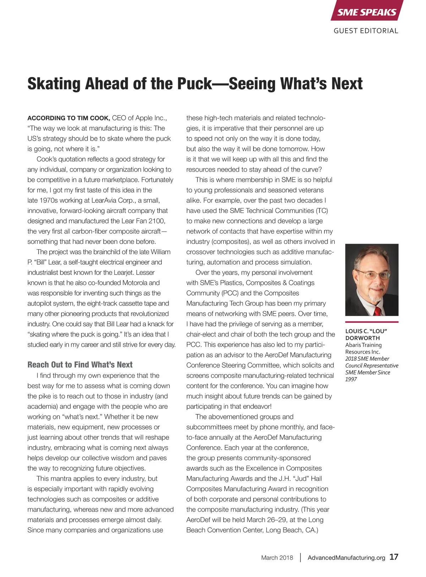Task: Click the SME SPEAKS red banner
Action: [x=366, y=12]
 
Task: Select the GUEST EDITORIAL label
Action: [x=366, y=31]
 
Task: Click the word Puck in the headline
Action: [x=194, y=84]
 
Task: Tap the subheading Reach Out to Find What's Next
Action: [x=80, y=365]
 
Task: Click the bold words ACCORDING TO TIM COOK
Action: [x=69, y=118]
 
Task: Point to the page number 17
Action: [x=394, y=557]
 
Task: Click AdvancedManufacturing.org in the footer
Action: [x=346, y=557]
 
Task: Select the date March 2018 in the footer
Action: [x=277, y=557]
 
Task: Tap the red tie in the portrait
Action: [x=378, y=311]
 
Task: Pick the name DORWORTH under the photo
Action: [x=362, y=338]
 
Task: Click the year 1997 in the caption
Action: [x=351, y=379]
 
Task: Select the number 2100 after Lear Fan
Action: [x=157, y=221]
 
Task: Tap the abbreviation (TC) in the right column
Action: [x=322, y=211]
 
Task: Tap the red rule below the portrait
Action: [x=372, y=322]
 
